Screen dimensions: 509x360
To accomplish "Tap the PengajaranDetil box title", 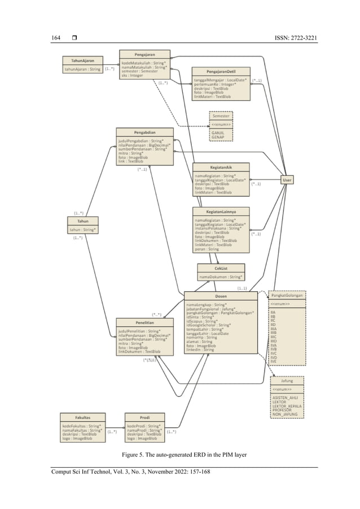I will (221, 72).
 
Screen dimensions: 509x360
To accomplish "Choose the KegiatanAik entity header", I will (221, 168).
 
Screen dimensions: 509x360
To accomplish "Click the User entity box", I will (287, 179).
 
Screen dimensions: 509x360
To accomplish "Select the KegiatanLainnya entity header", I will (221, 212).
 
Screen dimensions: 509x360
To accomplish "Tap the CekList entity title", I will (221, 268).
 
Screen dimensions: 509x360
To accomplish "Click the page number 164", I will (56, 38).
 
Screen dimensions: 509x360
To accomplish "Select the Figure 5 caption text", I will (184, 454).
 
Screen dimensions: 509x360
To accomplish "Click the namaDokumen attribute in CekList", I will (221, 277).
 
